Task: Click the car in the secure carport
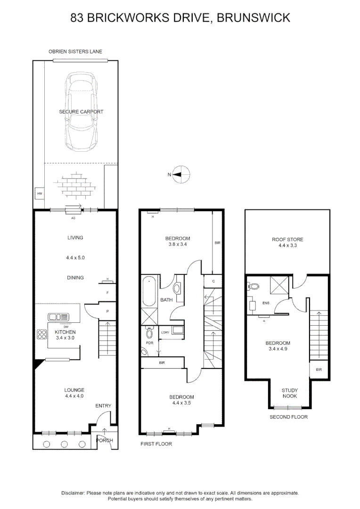[x=81, y=111]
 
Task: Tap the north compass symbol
[x=180, y=175]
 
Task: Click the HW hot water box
[x=40, y=194]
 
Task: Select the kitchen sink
[x=58, y=317]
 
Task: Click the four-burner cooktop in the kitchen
[x=42, y=334]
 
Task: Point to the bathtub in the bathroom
[x=149, y=291]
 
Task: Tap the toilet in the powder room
[x=149, y=332]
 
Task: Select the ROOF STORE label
[x=287, y=239]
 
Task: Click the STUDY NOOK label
[x=290, y=393]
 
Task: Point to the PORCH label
[x=105, y=441]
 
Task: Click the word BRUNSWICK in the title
[x=254, y=17]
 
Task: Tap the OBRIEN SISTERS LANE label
[x=75, y=52]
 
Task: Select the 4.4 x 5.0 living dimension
[x=75, y=258]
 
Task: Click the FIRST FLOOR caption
[x=156, y=444]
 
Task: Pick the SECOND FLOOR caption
[x=288, y=417]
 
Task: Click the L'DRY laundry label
[x=165, y=333]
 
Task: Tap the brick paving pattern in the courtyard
[x=76, y=185]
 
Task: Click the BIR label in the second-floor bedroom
[x=319, y=369]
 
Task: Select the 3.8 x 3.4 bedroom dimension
[x=178, y=245]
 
